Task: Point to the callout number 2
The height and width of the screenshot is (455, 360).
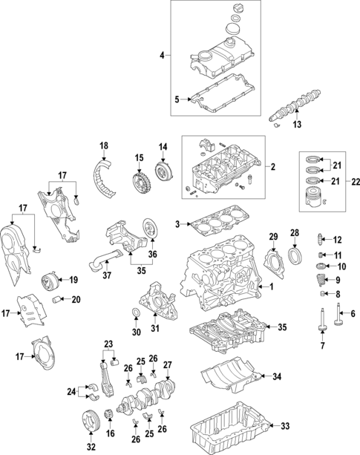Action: tap(272, 168)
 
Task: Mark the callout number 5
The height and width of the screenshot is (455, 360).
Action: tap(177, 99)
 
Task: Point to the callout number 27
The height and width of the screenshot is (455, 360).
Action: tap(168, 364)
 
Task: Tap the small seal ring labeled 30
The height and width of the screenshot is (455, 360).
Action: tap(136, 311)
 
